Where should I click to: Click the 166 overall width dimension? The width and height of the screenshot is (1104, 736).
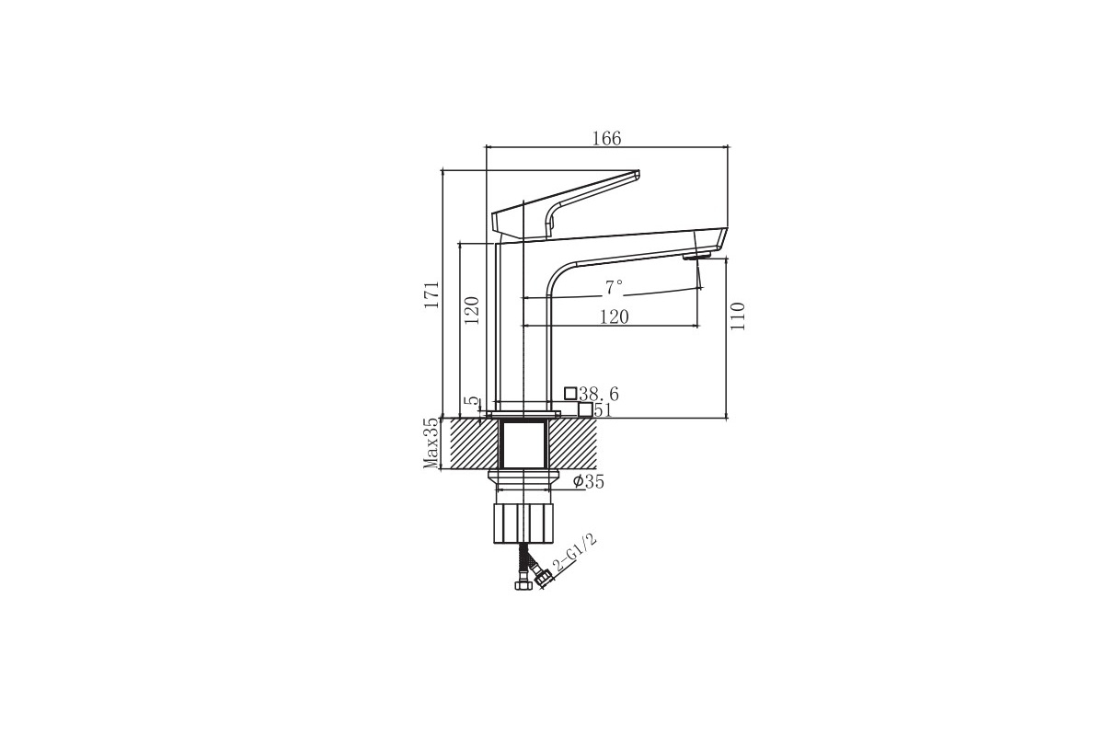(606, 139)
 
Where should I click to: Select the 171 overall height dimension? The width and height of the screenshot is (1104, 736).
(431, 294)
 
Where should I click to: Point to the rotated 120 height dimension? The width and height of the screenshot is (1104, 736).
(472, 310)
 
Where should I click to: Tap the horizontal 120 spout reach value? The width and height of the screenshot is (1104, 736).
(615, 316)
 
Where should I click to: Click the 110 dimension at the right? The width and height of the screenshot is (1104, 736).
(737, 316)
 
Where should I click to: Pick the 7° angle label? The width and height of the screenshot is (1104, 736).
(615, 287)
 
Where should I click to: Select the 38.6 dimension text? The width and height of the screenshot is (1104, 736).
(599, 394)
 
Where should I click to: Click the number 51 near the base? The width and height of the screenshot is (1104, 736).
(603, 409)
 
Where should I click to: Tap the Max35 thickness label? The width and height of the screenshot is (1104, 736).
(431, 443)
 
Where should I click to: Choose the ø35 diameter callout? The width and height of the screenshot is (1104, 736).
(589, 482)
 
